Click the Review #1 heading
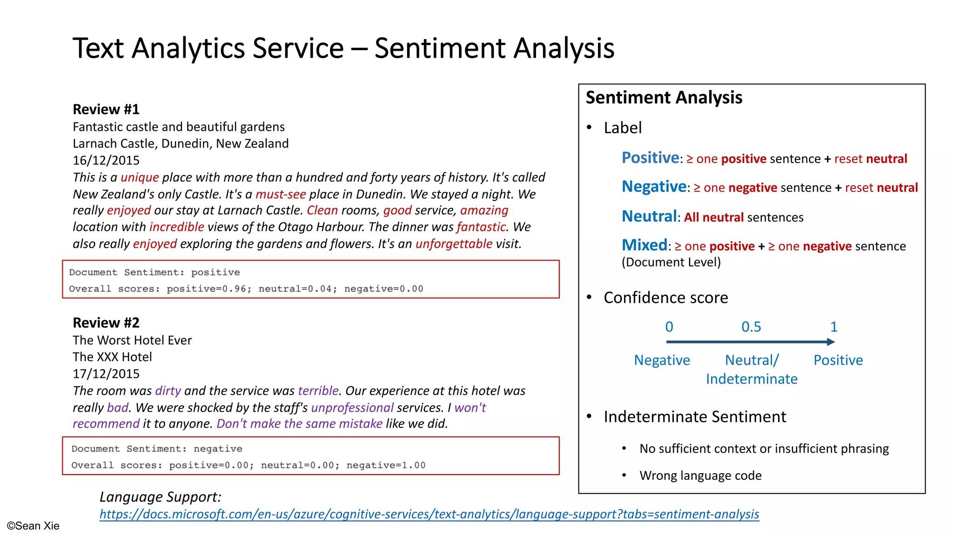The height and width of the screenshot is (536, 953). tap(106, 109)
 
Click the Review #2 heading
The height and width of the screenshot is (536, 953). tap(106, 323)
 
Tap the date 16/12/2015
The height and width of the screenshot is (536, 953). tap(106, 161)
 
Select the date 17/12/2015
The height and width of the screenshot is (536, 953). tap(106, 374)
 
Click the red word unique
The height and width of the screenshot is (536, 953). tap(140, 177)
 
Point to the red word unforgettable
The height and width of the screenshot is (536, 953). tap(454, 244)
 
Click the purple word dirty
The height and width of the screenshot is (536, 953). tap(168, 391)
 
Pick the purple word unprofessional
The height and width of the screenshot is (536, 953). tap(352, 408)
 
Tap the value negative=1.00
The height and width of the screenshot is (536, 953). tap(386, 465)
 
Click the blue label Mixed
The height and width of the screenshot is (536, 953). tap(644, 245)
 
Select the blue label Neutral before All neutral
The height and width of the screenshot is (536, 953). tap(649, 216)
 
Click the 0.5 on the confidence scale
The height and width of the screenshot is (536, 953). tap(751, 327)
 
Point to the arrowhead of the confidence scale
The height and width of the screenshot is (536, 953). tap(831, 342)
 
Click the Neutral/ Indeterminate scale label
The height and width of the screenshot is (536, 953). tap(752, 369)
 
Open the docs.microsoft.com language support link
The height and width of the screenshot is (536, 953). tap(429, 514)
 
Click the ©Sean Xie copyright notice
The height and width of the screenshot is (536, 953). tap(33, 526)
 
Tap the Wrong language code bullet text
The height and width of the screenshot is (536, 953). tap(700, 476)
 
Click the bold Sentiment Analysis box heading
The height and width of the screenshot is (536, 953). tap(664, 98)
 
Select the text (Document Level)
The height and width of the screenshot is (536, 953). tap(671, 262)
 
